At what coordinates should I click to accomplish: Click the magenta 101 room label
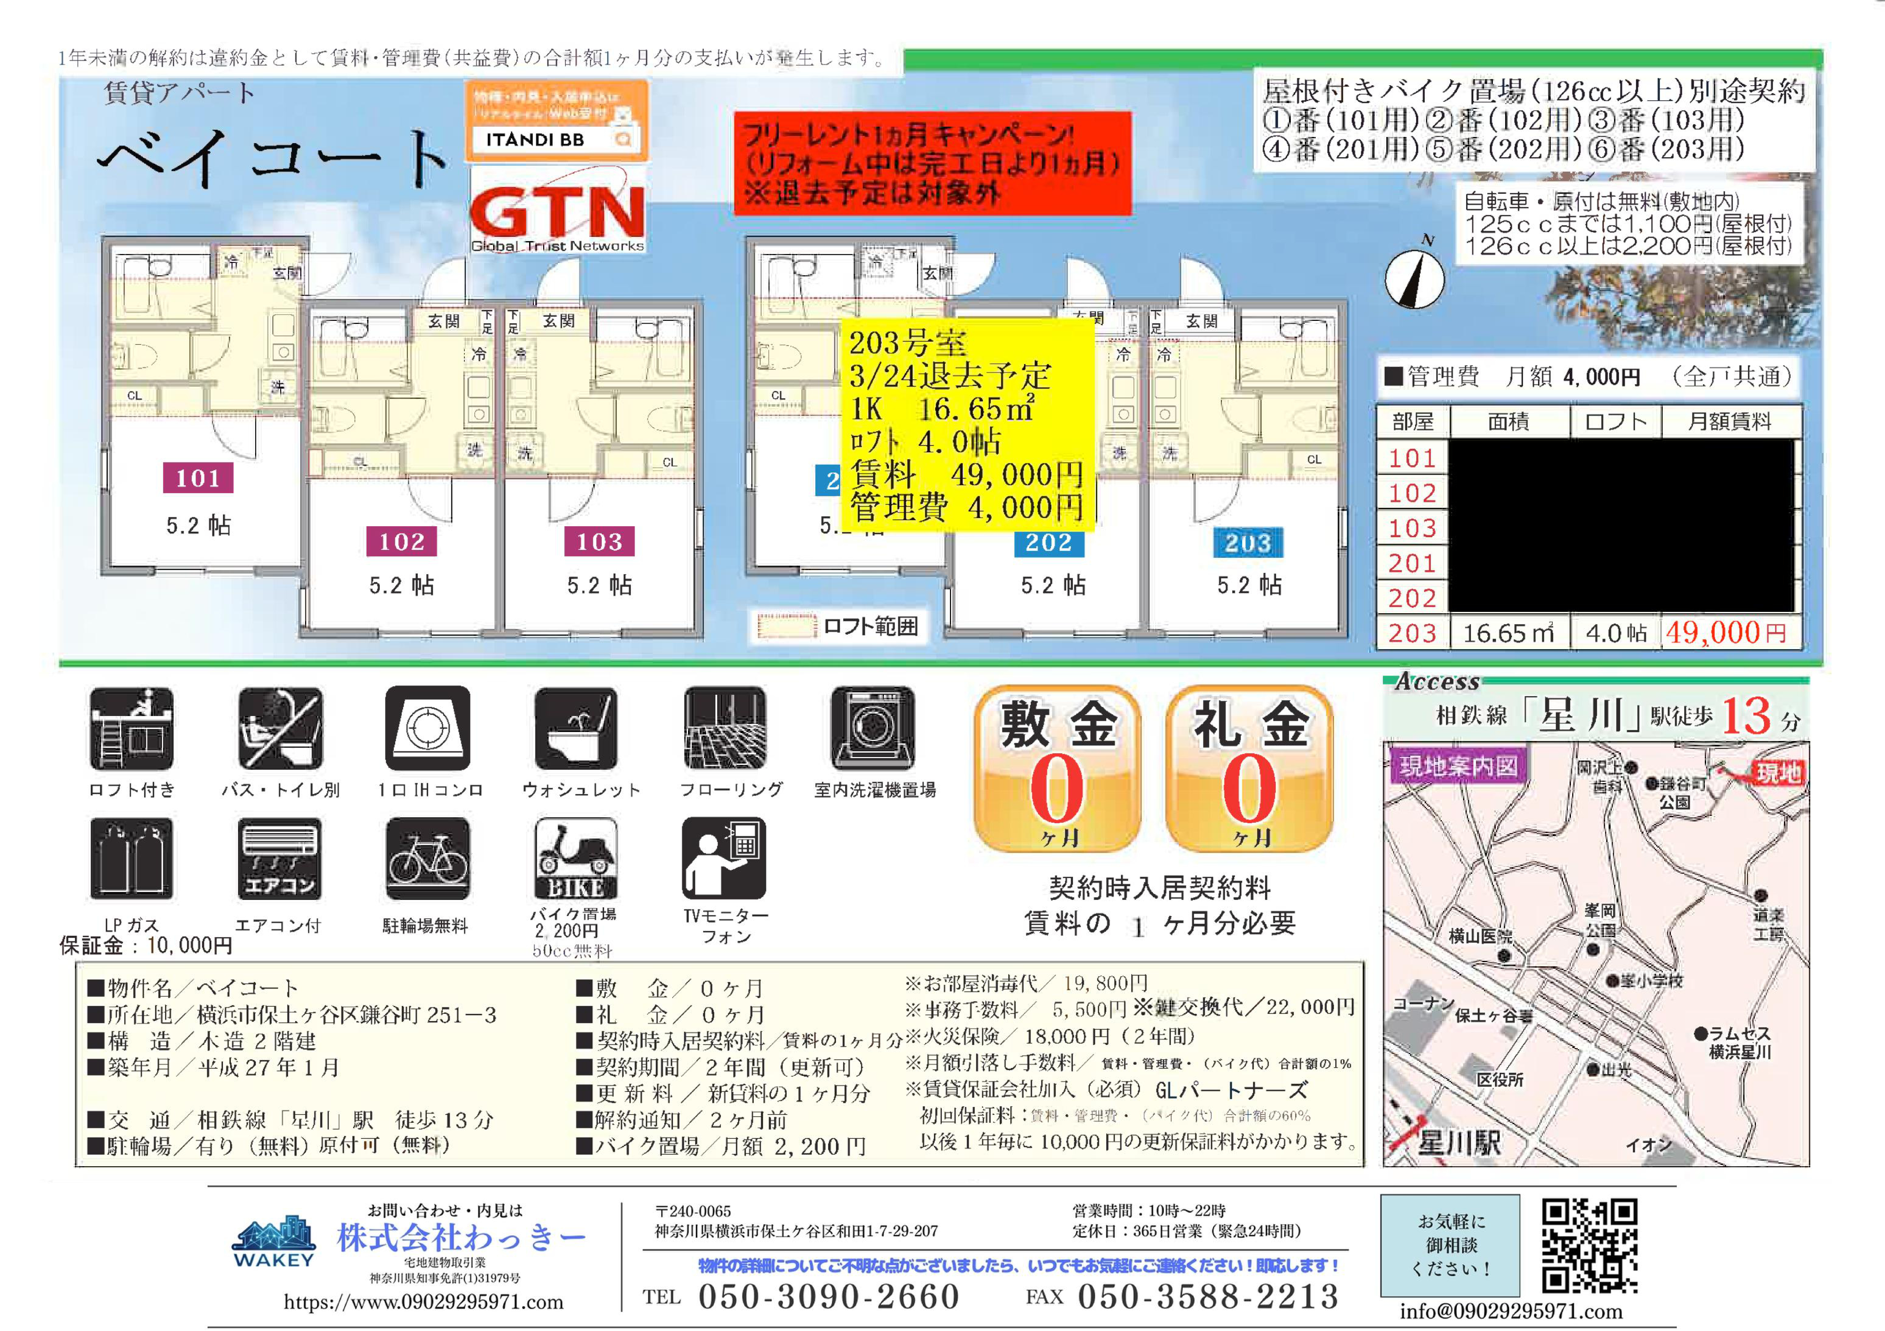click(x=198, y=478)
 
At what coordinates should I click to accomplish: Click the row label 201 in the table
click(x=1412, y=563)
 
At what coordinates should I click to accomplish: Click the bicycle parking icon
click(x=428, y=859)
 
